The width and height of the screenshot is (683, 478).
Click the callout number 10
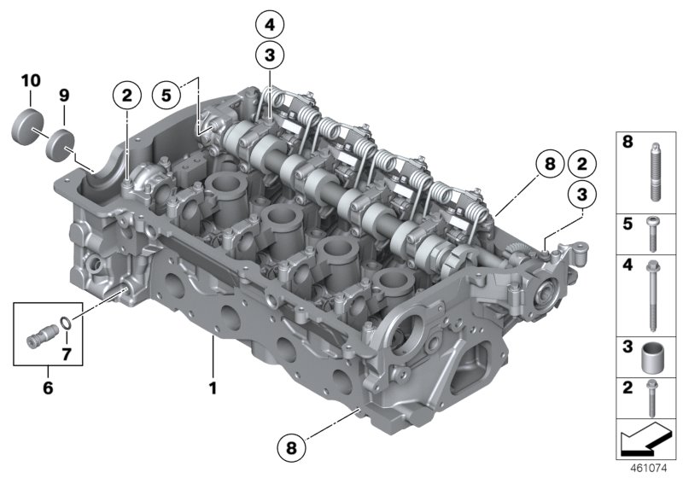[x=30, y=80]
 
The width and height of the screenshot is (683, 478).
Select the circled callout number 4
[x=270, y=24]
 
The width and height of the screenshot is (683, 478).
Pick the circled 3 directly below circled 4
[x=270, y=55]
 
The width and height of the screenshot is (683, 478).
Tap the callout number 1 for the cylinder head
[x=213, y=388]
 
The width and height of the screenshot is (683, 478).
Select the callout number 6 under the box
[x=48, y=388]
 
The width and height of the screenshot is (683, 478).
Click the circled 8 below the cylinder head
[x=292, y=445]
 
